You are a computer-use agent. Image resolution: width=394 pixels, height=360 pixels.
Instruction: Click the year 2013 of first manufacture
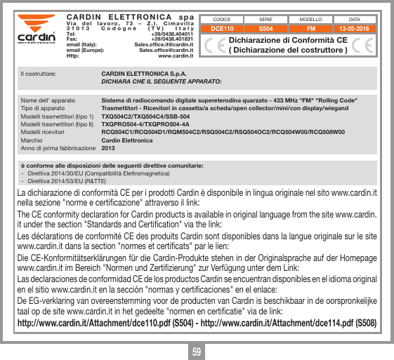coord(109,148)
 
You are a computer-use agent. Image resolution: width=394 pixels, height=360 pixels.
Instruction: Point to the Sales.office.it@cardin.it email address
coord(164,44)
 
